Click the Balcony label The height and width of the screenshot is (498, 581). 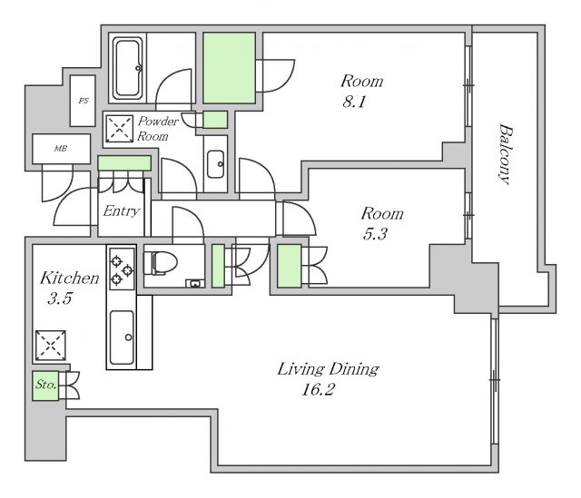pyautogui.click(x=506, y=154)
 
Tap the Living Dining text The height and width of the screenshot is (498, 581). pyautogui.click(x=329, y=369)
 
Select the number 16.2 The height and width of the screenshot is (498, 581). pyautogui.click(x=318, y=389)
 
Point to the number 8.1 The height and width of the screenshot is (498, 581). pyautogui.click(x=354, y=101)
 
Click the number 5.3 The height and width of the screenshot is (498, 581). pyautogui.click(x=375, y=234)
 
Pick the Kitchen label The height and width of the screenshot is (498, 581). pyautogui.click(x=70, y=278)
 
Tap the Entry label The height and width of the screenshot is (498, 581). pyautogui.click(x=121, y=211)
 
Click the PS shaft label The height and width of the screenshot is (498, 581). pyautogui.click(x=84, y=101)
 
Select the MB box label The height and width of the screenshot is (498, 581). pyautogui.click(x=61, y=149)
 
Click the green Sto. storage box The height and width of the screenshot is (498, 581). pyautogui.click(x=45, y=386)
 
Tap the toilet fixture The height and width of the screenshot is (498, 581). pyautogui.click(x=161, y=263)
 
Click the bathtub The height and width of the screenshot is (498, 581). pyautogui.click(x=128, y=68)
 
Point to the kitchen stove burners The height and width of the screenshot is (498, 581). pyautogui.click(x=121, y=269)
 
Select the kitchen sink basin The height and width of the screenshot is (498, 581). pyautogui.click(x=123, y=337)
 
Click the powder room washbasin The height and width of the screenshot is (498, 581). pyautogui.click(x=215, y=163)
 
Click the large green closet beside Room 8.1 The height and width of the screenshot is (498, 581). pyautogui.click(x=230, y=68)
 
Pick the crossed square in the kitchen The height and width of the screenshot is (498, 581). pyautogui.click(x=51, y=346)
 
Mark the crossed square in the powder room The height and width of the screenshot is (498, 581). pyautogui.click(x=119, y=129)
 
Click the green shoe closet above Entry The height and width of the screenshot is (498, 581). pyautogui.click(x=124, y=163)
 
